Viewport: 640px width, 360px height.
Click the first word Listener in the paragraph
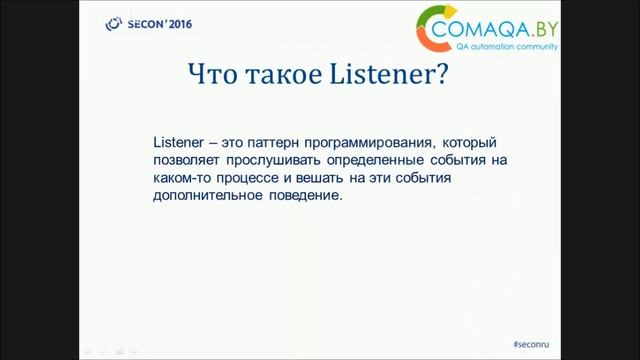click(x=178, y=142)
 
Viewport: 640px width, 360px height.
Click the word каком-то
click(x=183, y=178)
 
